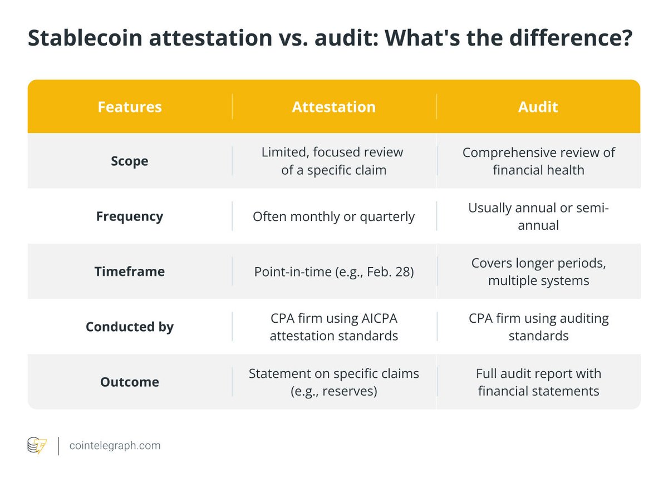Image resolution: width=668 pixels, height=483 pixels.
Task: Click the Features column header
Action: (130, 107)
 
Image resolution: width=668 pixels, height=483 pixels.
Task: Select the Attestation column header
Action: (333, 107)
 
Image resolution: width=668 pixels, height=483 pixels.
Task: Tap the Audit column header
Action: (538, 107)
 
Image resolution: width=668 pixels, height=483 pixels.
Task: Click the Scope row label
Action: (130, 161)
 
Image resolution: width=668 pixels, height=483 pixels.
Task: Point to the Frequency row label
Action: (130, 216)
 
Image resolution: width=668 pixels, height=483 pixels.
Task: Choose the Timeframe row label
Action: (130, 272)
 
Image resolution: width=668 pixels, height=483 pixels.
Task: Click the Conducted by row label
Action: (130, 327)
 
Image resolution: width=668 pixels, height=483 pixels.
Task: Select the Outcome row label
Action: (130, 382)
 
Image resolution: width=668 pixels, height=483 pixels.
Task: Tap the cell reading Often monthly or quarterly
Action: (333, 216)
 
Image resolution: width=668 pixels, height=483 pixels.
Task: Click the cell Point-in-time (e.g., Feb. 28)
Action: (333, 272)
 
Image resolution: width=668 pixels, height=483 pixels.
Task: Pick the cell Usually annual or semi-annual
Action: (538, 216)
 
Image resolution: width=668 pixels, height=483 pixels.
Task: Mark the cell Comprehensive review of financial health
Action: (538, 161)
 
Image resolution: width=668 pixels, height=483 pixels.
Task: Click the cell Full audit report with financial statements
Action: (538, 382)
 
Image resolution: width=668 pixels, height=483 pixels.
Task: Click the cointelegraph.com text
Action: (115, 445)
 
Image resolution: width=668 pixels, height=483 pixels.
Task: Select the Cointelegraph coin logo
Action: (37, 445)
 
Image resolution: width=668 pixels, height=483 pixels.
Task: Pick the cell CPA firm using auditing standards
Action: (538, 327)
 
